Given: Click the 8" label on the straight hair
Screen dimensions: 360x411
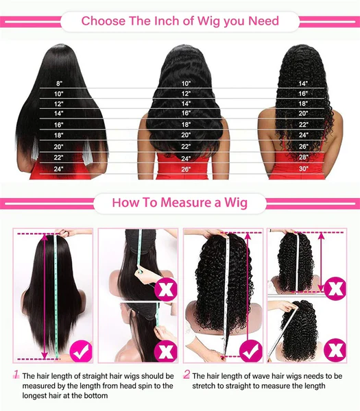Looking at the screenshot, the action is click(59, 84).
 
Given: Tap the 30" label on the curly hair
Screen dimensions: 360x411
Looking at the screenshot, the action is click(303, 169).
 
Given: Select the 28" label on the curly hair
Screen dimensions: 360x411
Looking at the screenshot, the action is click(303, 157).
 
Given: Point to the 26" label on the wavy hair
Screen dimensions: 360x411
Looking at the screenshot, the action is click(186, 169).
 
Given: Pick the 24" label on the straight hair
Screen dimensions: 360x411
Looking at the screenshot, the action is click(58, 169).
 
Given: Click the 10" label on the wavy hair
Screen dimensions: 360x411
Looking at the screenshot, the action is click(186, 84).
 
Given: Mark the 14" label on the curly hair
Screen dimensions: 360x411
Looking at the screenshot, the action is click(303, 84).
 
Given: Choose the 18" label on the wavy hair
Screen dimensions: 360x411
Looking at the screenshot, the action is click(186, 125).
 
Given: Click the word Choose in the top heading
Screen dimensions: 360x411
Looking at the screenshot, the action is click(103, 21).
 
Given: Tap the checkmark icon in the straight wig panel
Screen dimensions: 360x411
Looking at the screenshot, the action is click(81, 351).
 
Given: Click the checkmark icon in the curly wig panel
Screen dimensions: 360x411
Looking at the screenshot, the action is click(251, 351).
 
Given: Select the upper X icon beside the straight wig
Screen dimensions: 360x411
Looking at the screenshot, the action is click(165, 289).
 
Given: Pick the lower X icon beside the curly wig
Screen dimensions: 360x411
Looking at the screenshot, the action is click(335, 349).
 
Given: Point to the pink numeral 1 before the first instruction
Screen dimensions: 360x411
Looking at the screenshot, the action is click(16, 374).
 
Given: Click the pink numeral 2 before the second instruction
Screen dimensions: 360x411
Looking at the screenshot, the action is click(187, 374).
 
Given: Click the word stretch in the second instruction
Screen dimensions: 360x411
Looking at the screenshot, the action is click(204, 386).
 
